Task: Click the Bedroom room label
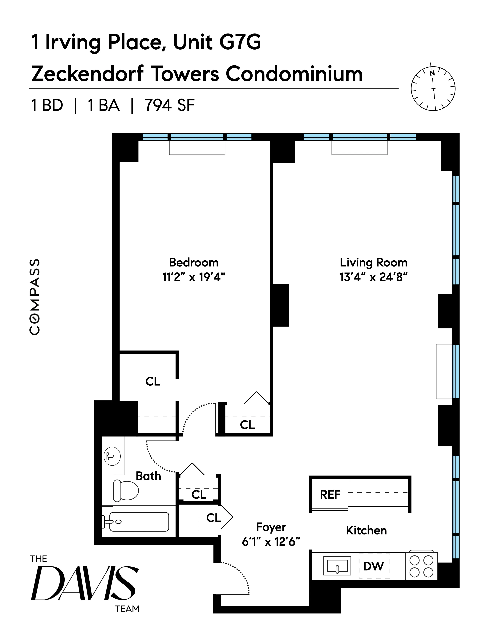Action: [x=193, y=262]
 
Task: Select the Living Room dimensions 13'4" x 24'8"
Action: [x=373, y=277]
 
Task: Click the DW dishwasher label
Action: [x=373, y=566]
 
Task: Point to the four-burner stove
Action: [x=421, y=566]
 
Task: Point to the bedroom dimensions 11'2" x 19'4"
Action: [x=193, y=277]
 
